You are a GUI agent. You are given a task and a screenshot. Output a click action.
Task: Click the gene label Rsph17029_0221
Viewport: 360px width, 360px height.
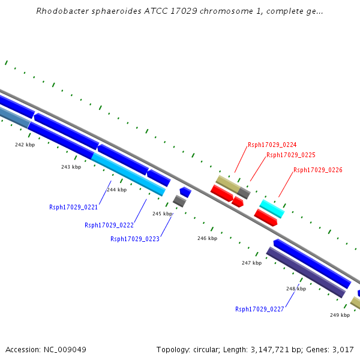pos(73,207)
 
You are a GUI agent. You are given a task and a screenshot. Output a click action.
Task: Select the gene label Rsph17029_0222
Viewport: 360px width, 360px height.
pos(109,226)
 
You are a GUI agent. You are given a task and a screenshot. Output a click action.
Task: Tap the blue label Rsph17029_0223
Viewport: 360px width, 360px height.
pos(135,239)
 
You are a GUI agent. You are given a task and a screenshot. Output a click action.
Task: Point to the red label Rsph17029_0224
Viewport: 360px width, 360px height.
pos(272,145)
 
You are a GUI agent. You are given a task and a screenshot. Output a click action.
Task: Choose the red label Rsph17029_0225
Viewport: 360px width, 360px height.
pos(290,155)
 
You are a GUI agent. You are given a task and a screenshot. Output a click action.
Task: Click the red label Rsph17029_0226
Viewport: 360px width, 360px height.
pos(317,170)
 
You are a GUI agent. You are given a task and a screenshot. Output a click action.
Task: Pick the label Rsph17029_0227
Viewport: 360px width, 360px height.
pos(260,310)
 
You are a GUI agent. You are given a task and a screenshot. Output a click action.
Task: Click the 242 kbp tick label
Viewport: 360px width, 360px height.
pos(25,145)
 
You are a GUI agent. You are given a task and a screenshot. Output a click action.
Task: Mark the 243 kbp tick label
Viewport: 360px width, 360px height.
pos(71,167)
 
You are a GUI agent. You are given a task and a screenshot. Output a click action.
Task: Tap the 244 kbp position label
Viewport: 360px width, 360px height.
pos(116,190)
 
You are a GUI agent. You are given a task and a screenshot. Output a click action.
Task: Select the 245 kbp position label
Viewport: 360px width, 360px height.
pos(162,214)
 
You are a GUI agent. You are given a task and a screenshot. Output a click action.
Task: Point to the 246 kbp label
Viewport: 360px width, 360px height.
pos(207,238)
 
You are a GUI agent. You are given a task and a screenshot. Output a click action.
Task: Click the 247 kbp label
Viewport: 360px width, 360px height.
pos(251,263)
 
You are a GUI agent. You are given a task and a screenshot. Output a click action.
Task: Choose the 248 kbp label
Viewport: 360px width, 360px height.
pos(296,289)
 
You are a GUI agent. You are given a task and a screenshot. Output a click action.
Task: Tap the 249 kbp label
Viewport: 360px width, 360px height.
pos(340,314)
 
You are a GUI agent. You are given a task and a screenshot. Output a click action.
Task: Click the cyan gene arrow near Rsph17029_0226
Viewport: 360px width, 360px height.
pos(272,208)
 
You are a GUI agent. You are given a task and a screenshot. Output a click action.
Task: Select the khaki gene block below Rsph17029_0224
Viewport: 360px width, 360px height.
pos(228,184)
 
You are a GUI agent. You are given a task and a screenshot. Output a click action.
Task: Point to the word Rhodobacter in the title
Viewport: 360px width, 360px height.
pos(64,11)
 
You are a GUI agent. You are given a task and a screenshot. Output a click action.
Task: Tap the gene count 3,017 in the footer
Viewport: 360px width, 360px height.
pos(342,349)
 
